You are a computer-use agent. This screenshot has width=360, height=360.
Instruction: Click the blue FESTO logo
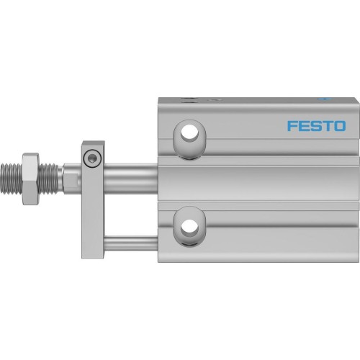point(316,126)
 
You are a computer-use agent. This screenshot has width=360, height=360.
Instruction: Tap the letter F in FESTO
point(292,126)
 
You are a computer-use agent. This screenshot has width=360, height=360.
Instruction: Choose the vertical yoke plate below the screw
point(93,216)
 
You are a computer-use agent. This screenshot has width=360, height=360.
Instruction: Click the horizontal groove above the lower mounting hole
point(259,204)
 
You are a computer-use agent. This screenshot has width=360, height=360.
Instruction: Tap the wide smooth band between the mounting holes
point(259,176)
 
